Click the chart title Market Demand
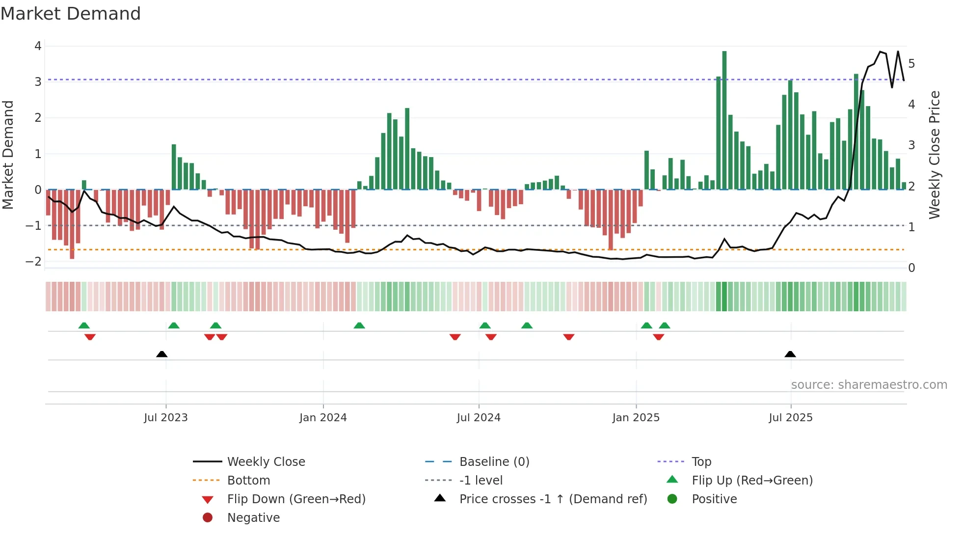coord(71,14)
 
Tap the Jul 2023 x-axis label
coord(166,417)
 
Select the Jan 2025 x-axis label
coord(636,417)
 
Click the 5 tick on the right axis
coord(911,63)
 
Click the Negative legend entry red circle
coord(208,517)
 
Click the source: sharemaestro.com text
coord(869,384)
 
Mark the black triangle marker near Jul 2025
coord(790,354)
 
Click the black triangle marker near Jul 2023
coord(161,354)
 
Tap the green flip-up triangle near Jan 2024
coord(359,325)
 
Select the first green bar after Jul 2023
coord(174,167)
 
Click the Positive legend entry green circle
coord(672,499)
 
